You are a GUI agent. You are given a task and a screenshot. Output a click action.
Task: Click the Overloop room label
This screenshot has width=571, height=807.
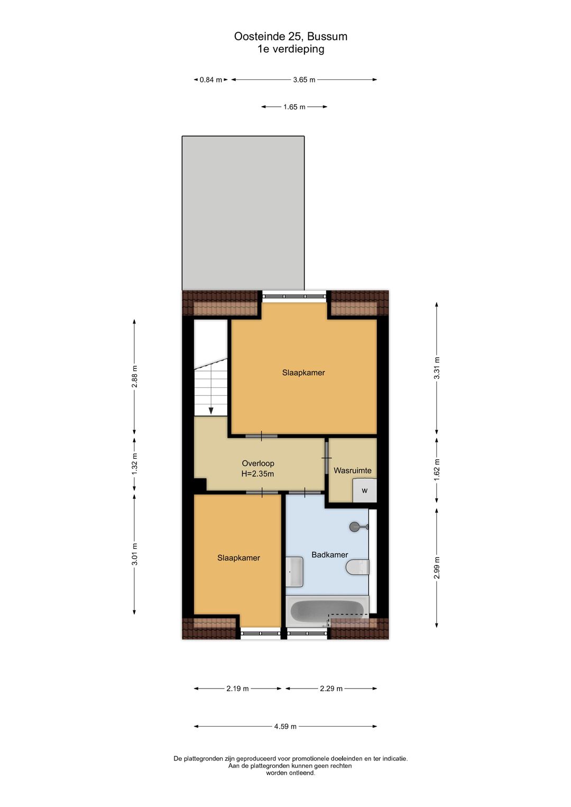pyautogui.click(x=258, y=463)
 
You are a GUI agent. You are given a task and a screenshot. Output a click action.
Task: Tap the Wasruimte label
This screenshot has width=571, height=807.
pyautogui.click(x=352, y=470)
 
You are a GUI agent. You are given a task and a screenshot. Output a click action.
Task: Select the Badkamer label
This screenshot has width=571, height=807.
pyautogui.click(x=329, y=555)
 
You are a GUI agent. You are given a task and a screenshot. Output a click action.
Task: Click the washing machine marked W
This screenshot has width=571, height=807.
pyautogui.click(x=364, y=490)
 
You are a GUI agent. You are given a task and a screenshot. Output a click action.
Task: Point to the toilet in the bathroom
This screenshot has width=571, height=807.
pyautogui.click(x=357, y=568)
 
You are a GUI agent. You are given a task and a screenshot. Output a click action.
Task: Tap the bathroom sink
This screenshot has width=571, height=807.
pyautogui.click(x=294, y=571)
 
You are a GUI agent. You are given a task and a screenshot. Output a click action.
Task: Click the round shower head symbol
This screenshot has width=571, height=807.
pyautogui.click(x=354, y=527)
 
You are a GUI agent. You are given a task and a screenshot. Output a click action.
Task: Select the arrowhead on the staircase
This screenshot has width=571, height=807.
pyautogui.click(x=211, y=411)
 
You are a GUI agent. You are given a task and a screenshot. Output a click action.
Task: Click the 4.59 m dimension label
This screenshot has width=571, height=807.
pyautogui.click(x=285, y=726)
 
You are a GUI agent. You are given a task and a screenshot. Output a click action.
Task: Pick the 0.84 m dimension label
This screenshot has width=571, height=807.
pyautogui.click(x=211, y=80)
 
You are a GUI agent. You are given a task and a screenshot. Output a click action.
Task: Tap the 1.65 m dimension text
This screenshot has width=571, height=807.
pyautogui.click(x=294, y=107)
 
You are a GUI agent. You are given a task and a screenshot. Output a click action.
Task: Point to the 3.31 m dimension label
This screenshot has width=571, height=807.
pyautogui.click(x=437, y=368)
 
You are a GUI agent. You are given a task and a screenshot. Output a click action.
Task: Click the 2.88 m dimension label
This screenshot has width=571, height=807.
pyautogui.click(x=134, y=376)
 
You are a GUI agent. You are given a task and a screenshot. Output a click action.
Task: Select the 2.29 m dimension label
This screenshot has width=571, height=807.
pyautogui.click(x=331, y=689)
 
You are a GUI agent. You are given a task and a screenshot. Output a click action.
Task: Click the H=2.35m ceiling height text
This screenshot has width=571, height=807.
pyautogui.click(x=257, y=474)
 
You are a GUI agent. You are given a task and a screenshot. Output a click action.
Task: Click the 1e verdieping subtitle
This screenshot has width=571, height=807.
pyautogui.click(x=291, y=49)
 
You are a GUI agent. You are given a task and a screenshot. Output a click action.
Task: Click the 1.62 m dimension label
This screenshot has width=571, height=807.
pyautogui.click(x=437, y=470)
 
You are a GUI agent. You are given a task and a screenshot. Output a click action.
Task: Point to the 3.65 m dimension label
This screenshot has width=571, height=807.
pyautogui.click(x=304, y=80)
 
